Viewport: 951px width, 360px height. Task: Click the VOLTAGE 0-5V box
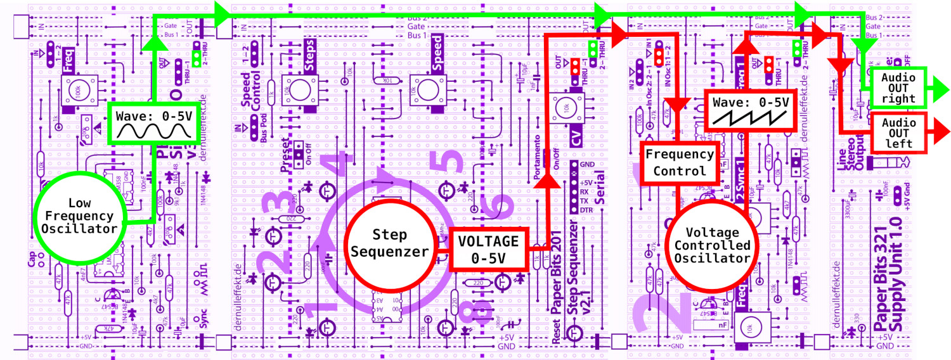[x=489, y=249]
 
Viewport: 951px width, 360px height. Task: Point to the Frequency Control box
[x=679, y=162]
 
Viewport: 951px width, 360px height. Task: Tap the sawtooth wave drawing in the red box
[x=751, y=116]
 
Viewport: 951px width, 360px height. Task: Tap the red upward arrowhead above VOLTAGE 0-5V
[x=547, y=181]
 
